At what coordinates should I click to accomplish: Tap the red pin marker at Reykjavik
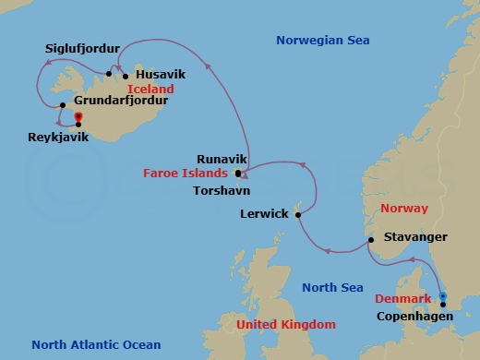pos(78,118)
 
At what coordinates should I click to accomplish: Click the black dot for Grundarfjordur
pos(62,117)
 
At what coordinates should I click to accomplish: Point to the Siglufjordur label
pos(83,47)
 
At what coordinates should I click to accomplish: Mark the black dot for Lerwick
pos(297,214)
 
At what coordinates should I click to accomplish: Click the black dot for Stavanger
pos(370,240)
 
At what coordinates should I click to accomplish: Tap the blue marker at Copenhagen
pos(443,297)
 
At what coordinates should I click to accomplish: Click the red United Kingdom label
pos(285,325)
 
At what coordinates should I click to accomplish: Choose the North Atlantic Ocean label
pos(88,344)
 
